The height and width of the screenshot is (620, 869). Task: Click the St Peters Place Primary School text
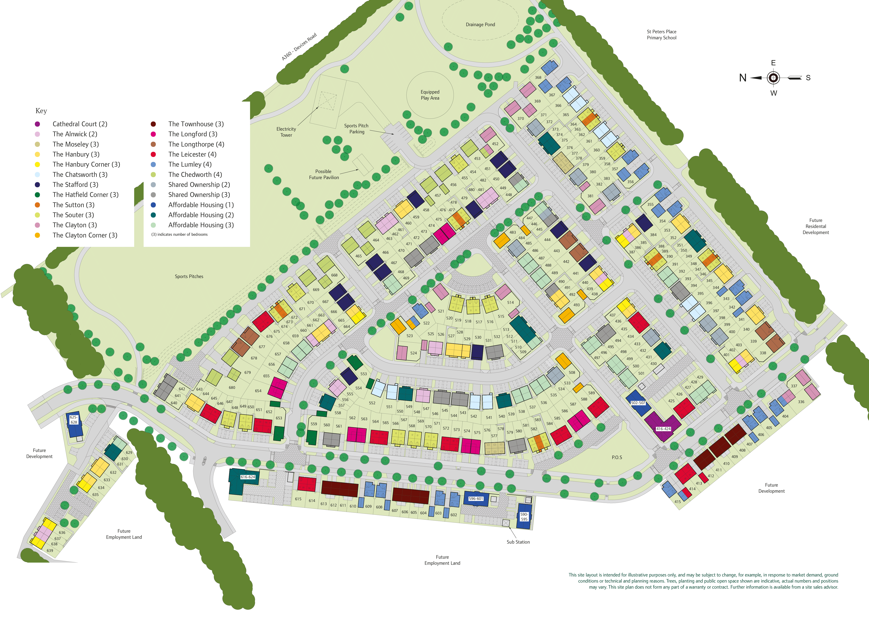tap(662, 35)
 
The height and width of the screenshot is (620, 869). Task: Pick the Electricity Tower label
tap(286, 132)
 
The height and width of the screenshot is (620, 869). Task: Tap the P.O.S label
tap(617, 457)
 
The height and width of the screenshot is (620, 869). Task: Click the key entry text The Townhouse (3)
tap(196, 124)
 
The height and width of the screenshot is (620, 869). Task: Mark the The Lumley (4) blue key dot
tap(153, 165)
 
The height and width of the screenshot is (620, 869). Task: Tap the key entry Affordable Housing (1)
tap(201, 205)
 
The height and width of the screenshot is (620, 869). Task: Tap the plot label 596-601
tap(476, 499)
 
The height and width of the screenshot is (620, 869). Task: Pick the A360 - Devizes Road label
tap(299, 47)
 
